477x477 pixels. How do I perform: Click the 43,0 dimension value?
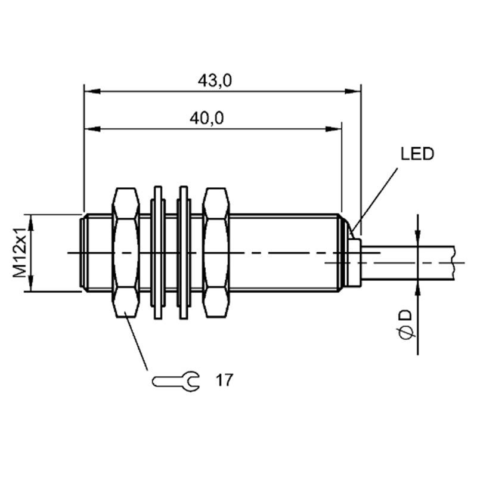click(215, 80)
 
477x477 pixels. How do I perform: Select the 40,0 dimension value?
click(206, 118)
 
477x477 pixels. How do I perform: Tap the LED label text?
click(417, 154)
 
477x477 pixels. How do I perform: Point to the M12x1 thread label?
click(19, 253)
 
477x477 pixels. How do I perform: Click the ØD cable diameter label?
click(406, 324)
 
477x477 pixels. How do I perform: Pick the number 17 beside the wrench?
click(224, 380)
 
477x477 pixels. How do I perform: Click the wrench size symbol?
click(176, 381)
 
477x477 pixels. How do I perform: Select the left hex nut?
click(126, 253)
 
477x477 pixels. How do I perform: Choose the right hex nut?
click(216, 253)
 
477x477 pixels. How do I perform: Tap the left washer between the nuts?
click(158, 253)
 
